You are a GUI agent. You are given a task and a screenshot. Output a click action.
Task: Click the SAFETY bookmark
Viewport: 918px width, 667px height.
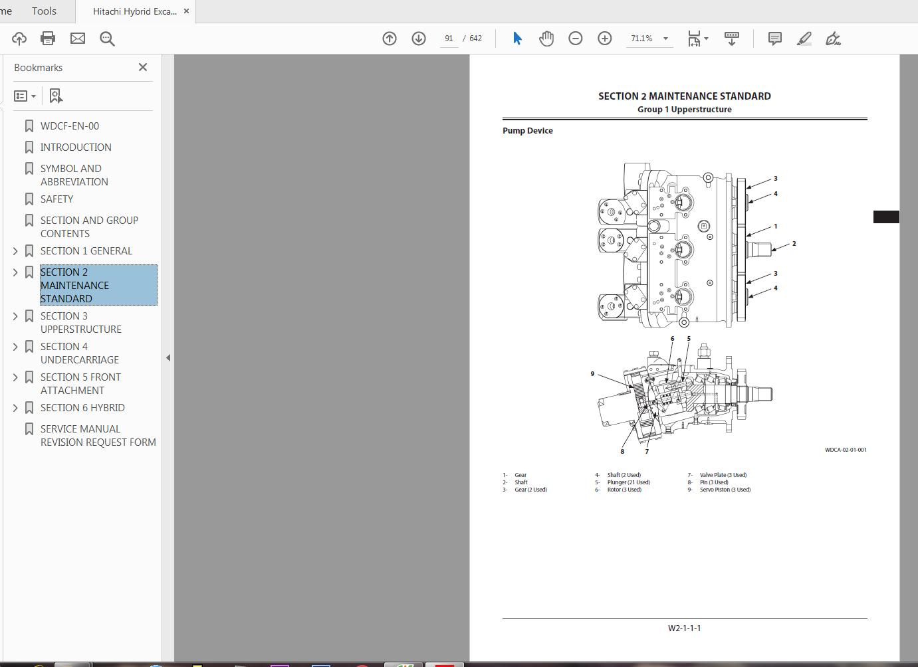point(57,199)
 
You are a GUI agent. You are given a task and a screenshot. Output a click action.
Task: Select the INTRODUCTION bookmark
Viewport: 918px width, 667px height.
point(76,147)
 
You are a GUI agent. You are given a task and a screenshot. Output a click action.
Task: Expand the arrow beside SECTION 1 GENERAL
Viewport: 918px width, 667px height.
point(15,251)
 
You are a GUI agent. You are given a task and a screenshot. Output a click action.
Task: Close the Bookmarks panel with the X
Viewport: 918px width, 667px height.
point(143,67)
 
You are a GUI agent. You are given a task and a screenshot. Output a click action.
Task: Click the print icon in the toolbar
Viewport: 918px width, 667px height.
point(48,39)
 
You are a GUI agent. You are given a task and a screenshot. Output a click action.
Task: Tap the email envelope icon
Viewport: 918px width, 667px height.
point(78,39)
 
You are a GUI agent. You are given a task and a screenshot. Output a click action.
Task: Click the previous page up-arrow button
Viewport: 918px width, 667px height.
point(390,39)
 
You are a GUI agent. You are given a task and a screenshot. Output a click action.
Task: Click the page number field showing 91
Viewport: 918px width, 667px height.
point(449,39)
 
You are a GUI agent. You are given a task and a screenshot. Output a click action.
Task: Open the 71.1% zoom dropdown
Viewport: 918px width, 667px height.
point(665,39)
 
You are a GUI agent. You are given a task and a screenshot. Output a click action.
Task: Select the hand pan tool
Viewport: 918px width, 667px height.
point(546,39)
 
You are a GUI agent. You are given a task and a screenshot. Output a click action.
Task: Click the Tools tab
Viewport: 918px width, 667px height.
point(44,11)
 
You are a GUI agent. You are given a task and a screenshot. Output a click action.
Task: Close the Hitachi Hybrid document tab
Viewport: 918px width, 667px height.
point(186,11)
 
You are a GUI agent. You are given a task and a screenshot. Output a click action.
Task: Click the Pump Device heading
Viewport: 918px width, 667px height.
point(527,131)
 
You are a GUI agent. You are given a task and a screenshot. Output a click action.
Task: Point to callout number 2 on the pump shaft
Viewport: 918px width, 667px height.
point(794,244)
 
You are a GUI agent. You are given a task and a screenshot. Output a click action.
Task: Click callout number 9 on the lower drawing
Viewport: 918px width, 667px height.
point(592,374)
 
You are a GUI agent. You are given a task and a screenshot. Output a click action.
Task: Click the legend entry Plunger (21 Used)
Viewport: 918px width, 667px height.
point(628,482)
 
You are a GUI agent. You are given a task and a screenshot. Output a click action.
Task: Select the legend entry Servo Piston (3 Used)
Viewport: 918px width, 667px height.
point(725,490)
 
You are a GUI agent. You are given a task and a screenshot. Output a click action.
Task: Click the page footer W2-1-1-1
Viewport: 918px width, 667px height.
point(684,628)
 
